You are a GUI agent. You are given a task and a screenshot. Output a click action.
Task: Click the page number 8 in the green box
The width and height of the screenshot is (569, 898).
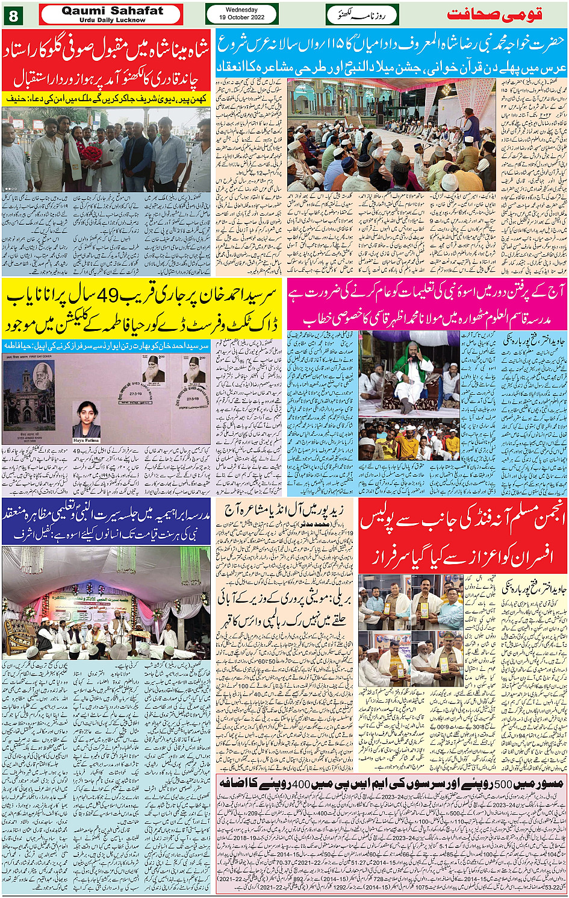click(14, 15)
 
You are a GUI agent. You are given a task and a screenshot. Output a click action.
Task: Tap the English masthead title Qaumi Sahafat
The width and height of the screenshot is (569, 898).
click(112, 11)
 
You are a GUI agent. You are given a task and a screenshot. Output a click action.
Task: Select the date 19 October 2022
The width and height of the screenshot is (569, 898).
click(241, 18)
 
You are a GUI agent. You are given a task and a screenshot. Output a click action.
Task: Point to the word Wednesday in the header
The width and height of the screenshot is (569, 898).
click(241, 10)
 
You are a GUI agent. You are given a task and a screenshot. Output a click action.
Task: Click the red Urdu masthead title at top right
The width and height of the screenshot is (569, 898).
click(494, 14)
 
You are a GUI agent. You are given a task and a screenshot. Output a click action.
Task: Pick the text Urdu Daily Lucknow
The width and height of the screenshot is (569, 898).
click(112, 20)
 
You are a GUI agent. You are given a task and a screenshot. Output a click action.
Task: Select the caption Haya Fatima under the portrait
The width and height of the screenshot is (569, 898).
click(86, 441)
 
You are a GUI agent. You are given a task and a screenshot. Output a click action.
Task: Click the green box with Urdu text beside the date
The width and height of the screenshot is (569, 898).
click(362, 14)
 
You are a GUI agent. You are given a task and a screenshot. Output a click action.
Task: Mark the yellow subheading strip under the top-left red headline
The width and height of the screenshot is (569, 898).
click(106, 98)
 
